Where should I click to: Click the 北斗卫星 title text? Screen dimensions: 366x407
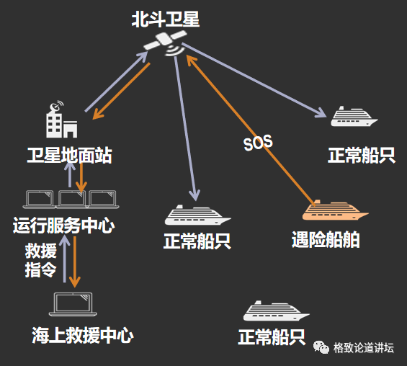click(x=166, y=19)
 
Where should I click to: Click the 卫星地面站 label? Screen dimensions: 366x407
click(x=69, y=155)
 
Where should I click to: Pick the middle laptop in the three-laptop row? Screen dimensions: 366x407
click(x=72, y=199)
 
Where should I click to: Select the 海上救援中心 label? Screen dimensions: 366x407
click(x=83, y=335)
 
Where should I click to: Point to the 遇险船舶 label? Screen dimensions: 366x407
click(x=326, y=239)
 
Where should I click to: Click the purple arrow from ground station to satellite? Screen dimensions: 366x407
click(x=115, y=83)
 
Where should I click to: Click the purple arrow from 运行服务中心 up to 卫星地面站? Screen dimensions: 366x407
click(x=68, y=175)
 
